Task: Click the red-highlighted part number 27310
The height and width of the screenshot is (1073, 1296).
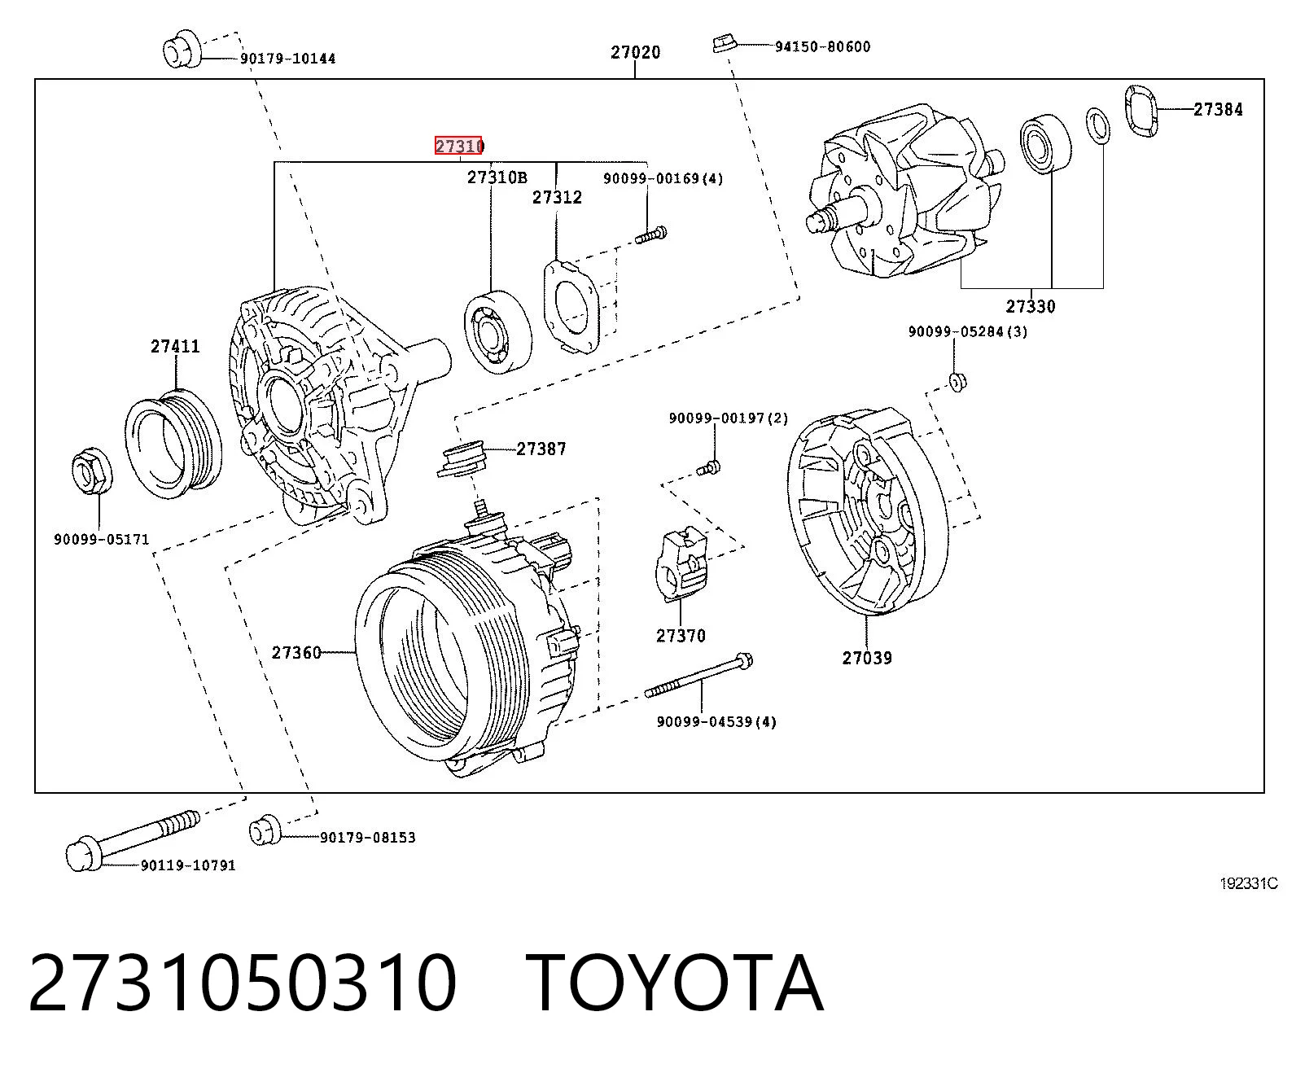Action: coord(458,146)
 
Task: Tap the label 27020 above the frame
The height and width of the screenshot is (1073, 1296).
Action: coord(635,52)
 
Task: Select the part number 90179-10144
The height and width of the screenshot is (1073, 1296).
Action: coord(288,59)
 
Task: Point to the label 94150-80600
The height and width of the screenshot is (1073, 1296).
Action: coord(822,46)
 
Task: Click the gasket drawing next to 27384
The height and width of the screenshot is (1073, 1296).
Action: coord(1141,112)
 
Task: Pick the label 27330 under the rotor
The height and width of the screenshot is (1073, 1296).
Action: coord(1031,306)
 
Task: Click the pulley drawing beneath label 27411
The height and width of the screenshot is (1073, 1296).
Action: coord(173,444)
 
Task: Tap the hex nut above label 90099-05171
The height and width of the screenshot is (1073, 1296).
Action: coord(93,470)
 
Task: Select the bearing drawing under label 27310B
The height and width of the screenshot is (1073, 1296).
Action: coord(497,331)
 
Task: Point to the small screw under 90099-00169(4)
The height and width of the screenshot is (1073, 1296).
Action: coord(651,234)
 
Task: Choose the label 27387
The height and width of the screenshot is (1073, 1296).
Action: coord(541,449)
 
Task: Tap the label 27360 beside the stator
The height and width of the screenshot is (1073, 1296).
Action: coord(296,653)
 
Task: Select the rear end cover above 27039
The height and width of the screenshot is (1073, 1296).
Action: coord(868,511)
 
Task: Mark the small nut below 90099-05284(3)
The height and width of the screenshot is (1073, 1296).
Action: coord(957,382)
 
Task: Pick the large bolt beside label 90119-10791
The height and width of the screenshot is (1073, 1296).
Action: coord(133,839)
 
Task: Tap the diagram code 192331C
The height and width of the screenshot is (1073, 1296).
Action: coord(1249,883)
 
